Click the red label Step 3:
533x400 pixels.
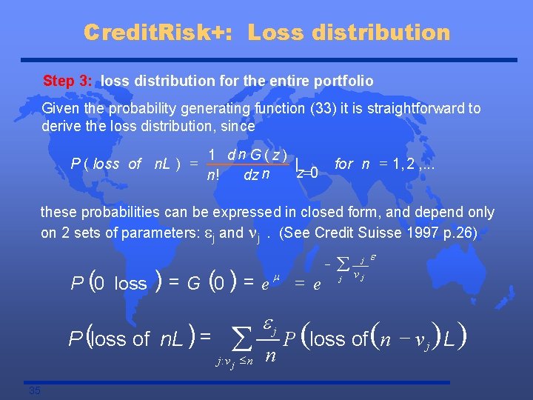69,80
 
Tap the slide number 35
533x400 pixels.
35,390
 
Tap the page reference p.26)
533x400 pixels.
461,232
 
